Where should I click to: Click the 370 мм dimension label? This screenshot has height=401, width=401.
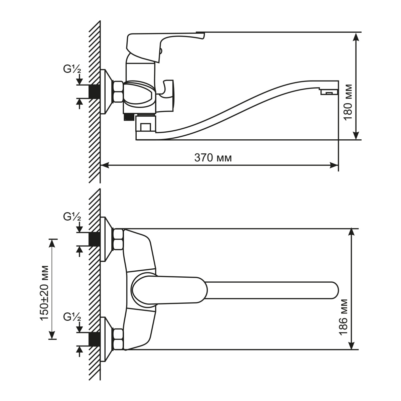[213, 158]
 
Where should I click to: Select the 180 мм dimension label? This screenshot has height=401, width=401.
[348, 102]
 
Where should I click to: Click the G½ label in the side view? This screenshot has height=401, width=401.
[72, 69]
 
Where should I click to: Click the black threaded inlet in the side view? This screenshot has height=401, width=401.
[95, 91]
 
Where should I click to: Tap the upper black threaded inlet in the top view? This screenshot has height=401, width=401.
[95, 239]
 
